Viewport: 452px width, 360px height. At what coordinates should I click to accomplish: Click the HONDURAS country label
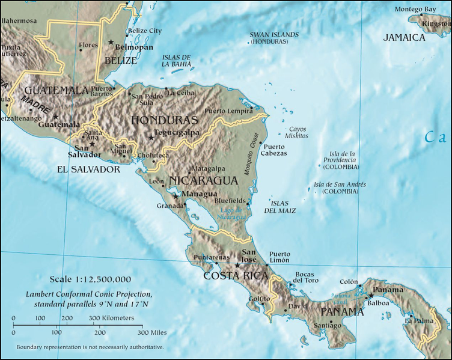[x=164, y=120]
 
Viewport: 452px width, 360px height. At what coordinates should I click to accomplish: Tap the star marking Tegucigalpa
[x=151, y=138]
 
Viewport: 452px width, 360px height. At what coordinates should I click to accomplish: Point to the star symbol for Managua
[x=176, y=195]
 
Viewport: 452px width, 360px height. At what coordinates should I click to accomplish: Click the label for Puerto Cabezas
[x=275, y=150]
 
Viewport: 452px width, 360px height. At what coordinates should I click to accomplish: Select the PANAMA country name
[x=341, y=312]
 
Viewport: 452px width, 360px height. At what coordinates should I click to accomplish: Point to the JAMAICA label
[x=404, y=37]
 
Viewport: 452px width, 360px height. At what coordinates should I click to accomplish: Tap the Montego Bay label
[x=415, y=10]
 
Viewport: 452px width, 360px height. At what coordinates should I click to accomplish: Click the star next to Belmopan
[x=111, y=41]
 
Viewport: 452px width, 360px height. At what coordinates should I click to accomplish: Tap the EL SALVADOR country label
[x=88, y=169]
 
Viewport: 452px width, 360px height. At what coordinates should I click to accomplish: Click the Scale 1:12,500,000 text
[x=90, y=279]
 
